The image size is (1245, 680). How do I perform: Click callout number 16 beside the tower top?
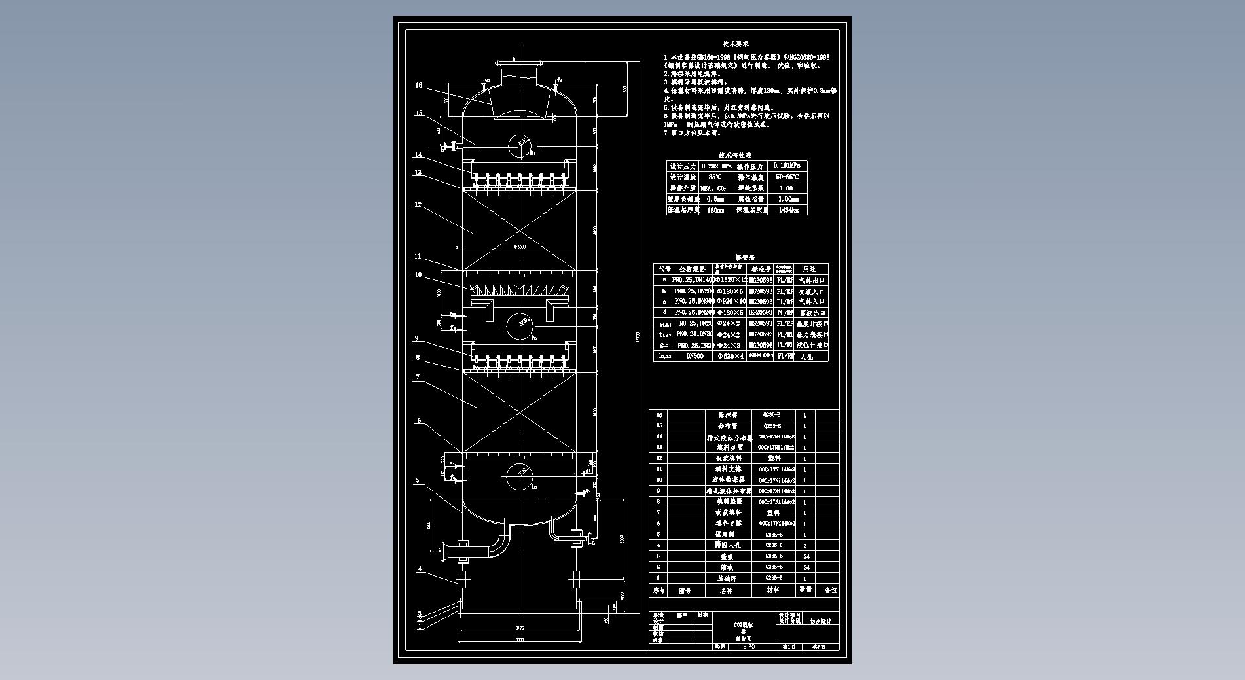point(418,85)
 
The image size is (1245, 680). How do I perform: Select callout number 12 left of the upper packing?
point(418,205)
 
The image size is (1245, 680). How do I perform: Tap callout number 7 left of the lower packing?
point(418,377)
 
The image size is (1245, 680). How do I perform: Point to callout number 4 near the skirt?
point(420,569)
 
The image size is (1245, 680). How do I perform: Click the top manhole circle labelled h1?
point(520,145)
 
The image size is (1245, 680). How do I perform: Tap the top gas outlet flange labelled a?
point(520,63)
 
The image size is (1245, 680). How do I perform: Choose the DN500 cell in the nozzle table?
point(694,356)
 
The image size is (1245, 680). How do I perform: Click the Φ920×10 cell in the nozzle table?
point(731,302)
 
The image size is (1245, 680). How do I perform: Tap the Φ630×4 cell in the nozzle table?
point(731,356)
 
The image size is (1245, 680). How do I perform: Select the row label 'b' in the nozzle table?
point(664,291)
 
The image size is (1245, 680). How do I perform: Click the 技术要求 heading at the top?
point(735,44)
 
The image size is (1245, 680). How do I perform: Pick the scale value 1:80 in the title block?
point(747,647)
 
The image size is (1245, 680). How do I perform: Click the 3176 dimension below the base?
point(519,628)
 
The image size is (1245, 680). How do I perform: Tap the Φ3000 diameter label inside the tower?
point(520,247)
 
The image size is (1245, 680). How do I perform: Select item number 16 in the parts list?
point(659,415)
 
